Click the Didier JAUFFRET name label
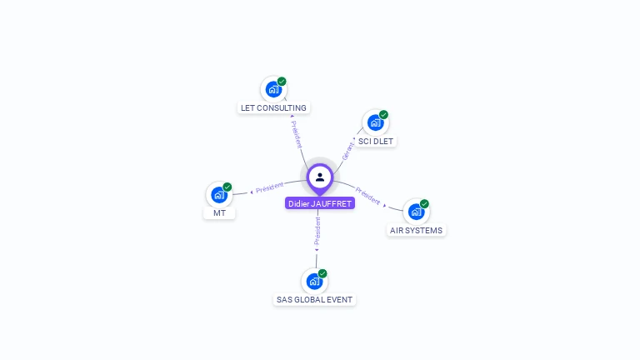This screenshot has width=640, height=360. pos(320,203)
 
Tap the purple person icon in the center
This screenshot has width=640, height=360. pos(320,177)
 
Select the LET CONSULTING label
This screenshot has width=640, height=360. pos(273,107)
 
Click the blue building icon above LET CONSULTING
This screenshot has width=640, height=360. pos(272,89)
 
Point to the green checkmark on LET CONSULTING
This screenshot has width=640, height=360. pos(282,82)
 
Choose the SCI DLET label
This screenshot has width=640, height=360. pos(376,141)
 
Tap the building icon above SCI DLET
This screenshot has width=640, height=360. pos(375,122)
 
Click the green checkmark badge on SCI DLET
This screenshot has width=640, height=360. pos(383,115)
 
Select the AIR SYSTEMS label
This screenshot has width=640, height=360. pos(417,230)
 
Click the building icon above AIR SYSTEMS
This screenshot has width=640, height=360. pos(416,212)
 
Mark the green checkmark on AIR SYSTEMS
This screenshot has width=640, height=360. pos(424,204)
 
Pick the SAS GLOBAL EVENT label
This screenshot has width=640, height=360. pos(315,299)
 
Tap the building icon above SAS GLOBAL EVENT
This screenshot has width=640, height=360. pos(314,281)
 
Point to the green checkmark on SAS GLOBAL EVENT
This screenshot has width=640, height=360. pos(322,273)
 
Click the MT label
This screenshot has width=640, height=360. pos(219,212)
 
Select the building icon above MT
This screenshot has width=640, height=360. pos(219,194)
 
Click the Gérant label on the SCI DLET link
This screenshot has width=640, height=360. pos(347,149)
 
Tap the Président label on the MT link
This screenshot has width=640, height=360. pos(270,187)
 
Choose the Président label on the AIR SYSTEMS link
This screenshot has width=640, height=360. pos(367,195)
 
